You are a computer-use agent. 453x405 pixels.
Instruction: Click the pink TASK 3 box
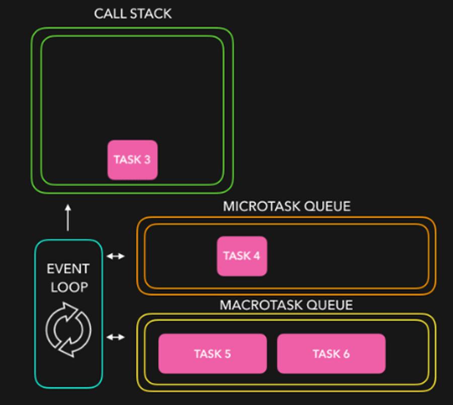click(x=132, y=160)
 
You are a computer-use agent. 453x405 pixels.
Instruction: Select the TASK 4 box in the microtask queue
click(x=242, y=256)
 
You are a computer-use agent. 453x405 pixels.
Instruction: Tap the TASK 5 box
click(x=212, y=354)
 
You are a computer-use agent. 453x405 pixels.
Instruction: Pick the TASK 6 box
click(x=331, y=354)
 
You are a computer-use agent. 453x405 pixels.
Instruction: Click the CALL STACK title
click(x=133, y=14)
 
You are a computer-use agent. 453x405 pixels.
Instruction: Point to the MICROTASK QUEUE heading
click(x=286, y=207)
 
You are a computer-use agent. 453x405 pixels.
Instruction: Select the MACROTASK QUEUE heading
click(x=286, y=305)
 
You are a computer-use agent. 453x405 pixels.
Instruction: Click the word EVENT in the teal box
click(x=68, y=269)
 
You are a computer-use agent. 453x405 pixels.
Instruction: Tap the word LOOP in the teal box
click(x=68, y=288)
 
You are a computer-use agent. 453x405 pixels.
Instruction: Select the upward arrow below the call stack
click(x=68, y=217)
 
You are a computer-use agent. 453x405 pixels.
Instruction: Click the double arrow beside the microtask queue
click(x=116, y=256)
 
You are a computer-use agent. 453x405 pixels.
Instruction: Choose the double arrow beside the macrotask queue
click(x=116, y=337)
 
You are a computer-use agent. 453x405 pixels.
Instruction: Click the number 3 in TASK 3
click(x=147, y=160)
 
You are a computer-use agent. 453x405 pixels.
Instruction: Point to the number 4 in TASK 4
click(x=257, y=256)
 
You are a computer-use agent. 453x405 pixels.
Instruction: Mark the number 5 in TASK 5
click(x=228, y=354)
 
